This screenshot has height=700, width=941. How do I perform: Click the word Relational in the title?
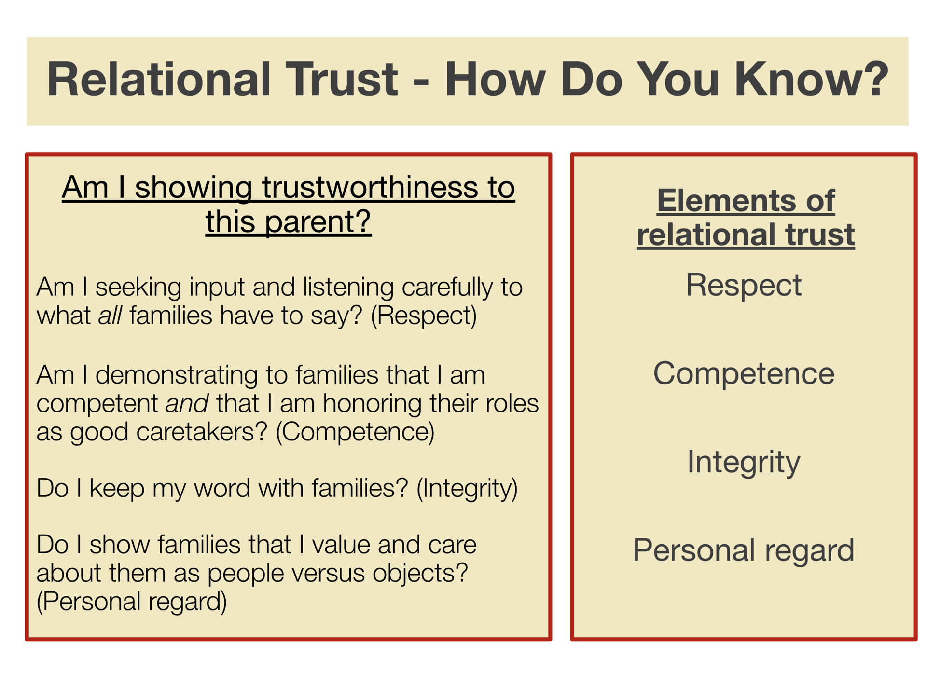158,80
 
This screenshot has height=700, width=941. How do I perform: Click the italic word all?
110,316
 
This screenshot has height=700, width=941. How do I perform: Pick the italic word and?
187,403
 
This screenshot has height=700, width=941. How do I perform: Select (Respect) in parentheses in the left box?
424,316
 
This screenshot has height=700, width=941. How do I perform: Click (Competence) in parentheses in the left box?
355,432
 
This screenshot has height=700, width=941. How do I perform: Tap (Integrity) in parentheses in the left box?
467,488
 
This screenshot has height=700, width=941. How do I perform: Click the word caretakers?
201,432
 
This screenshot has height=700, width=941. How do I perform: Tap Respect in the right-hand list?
743,285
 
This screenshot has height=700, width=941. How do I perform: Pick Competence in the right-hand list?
743,373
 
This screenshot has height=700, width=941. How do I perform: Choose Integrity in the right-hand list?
743,462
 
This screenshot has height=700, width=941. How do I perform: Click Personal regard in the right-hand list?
743,550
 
